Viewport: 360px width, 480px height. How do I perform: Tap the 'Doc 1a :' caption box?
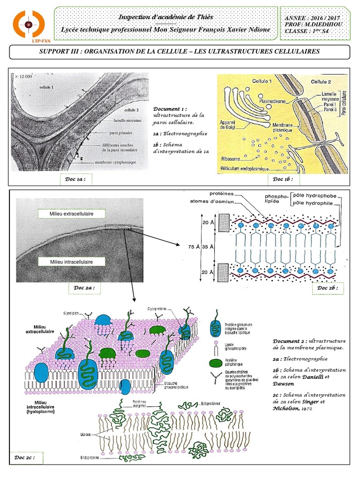pyautogui.click(x=75, y=180)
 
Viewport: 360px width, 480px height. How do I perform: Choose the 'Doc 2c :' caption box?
pyautogui.click(x=24, y=457)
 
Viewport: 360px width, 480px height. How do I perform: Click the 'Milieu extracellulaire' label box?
pyautogui.click(x=71, y=214)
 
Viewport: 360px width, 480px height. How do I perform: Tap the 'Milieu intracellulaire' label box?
pyautogui.click(x=71, y=262)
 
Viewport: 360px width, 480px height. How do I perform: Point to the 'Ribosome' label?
pyautogui.click(x=233, y=158)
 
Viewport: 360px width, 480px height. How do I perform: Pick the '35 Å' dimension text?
pyautogui.click(x=209, y=246)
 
